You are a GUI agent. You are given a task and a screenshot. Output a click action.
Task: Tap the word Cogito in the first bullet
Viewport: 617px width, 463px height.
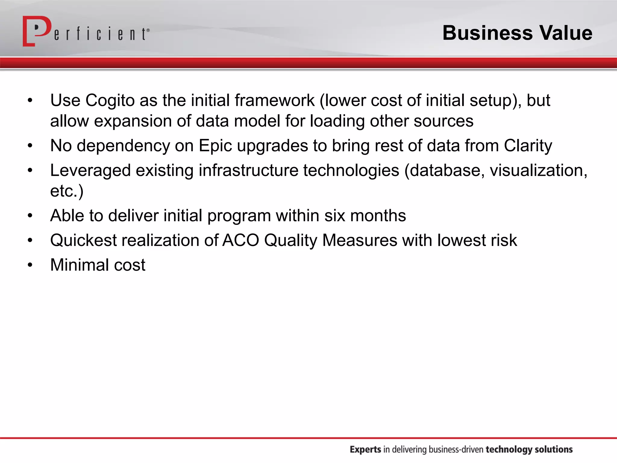pos(110,100)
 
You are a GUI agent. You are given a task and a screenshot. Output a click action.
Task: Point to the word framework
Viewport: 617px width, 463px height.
pos(274,100)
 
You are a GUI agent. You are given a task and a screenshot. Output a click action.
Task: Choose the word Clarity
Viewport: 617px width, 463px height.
pos(528,146)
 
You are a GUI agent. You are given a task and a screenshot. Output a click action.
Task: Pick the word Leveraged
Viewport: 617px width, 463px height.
pos(90,171)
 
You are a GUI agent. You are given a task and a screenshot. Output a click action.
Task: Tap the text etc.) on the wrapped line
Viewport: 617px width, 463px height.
pos(67,191)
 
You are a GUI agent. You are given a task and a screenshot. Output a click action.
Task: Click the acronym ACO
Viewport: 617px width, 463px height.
pos(240,241)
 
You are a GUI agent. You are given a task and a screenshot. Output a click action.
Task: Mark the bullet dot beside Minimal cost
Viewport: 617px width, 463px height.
pos(30,265)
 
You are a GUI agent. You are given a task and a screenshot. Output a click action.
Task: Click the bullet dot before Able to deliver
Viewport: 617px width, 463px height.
pos(30,216)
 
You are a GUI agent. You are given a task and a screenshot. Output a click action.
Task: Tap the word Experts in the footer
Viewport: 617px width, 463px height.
pos(365,449)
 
